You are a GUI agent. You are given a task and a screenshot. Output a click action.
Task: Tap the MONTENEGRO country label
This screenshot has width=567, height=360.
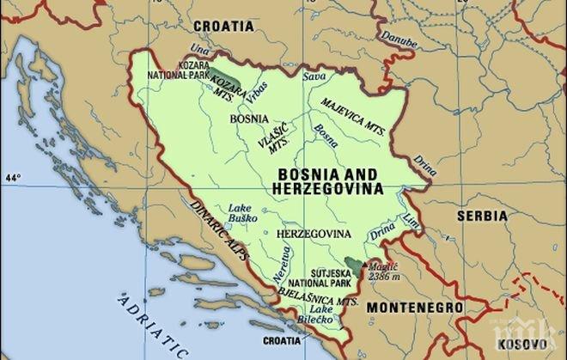click(415, 306)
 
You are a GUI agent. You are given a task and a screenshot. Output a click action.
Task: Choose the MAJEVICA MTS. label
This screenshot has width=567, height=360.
click(351, 112)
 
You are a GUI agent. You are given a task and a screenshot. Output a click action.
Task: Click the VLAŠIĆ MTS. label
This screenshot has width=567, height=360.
click(275, 138)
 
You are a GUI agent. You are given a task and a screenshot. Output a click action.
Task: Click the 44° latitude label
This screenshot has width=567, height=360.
click(11, 178)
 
